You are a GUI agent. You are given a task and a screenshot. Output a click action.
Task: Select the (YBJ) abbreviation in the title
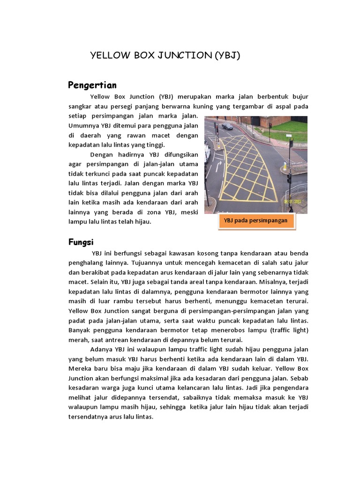pyautogui.click(x=227, y=55)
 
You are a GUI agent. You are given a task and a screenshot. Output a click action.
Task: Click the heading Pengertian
pyautogui.click(x=92, y=85)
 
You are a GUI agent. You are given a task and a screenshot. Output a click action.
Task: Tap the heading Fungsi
pyautogui.click(x=81, y=242)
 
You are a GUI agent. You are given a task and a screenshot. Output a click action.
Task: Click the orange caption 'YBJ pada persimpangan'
pyautogui.click(x=256, y=220)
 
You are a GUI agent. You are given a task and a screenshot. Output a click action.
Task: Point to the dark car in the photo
pyautogui.click(x=227, y=126)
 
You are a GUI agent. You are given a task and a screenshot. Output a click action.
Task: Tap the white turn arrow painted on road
pyautogui.click(x=218, y=165)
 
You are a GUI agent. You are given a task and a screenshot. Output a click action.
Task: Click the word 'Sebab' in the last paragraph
pyautogui.click(x=299, y=379)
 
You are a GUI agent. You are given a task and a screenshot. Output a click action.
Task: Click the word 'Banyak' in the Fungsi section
pyautogui.click(x=80, y=330)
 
